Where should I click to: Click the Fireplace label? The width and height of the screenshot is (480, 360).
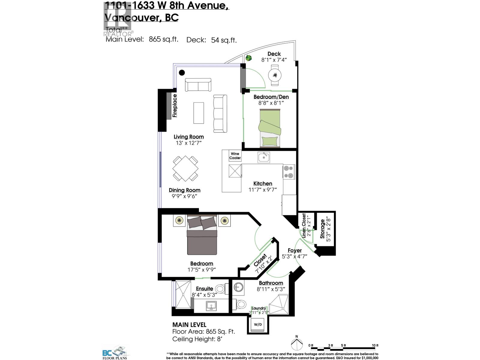point(175,105)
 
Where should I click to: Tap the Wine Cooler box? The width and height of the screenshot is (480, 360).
point(235,156)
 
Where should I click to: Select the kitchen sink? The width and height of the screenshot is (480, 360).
point(264,157)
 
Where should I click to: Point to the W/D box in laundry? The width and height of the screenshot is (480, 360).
point(258,325)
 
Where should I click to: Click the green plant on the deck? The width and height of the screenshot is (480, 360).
point(248,58)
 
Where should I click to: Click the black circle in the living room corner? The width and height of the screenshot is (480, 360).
point(182,72)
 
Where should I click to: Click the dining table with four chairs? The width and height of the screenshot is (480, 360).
point(185,168)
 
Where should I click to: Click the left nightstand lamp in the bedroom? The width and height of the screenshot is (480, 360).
point(179,220)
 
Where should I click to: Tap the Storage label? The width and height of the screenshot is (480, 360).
point(322,229)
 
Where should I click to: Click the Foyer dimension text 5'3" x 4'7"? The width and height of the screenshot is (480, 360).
point(295,256)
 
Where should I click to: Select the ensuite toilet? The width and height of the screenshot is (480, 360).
point(221,289)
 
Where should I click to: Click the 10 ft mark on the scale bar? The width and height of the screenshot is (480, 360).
point(375,346)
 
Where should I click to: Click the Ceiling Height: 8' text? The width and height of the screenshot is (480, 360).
point(197,339)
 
